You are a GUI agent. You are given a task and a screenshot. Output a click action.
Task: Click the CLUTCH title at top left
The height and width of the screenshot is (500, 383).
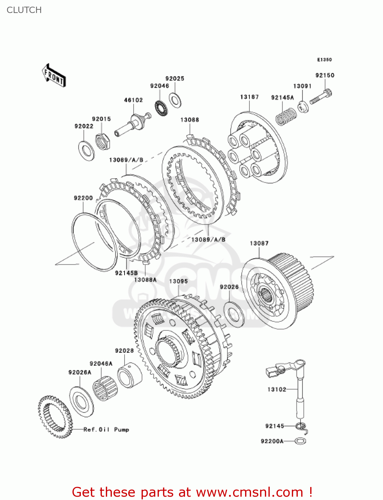pos(24,10)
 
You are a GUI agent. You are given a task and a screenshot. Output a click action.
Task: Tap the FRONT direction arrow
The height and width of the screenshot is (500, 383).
pos(54,76)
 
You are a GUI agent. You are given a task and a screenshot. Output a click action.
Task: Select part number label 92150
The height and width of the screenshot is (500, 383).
pos(325,75)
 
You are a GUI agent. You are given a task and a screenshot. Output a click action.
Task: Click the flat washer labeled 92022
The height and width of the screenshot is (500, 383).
pos(86,150)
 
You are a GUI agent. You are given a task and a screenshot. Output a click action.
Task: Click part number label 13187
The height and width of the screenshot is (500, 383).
pos(249,97)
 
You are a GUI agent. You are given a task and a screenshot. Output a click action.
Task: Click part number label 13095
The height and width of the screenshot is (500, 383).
pos(178,281)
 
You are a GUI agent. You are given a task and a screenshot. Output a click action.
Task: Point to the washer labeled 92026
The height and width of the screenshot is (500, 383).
pos(234,314)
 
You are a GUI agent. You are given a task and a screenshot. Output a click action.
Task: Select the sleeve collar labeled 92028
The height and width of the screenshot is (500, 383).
pos(130,375)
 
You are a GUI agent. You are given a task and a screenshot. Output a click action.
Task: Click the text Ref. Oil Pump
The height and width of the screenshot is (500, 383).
pos(106,430)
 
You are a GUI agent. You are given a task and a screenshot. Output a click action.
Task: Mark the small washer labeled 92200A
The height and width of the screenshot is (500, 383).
pos(301,441)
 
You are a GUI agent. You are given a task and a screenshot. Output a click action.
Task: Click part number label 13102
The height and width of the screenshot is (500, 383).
pos(276,389)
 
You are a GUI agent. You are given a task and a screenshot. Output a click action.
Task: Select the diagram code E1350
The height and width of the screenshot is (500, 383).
pos(324,60)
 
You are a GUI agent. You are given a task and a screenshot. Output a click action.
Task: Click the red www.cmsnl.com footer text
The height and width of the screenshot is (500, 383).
pos(192,492)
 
